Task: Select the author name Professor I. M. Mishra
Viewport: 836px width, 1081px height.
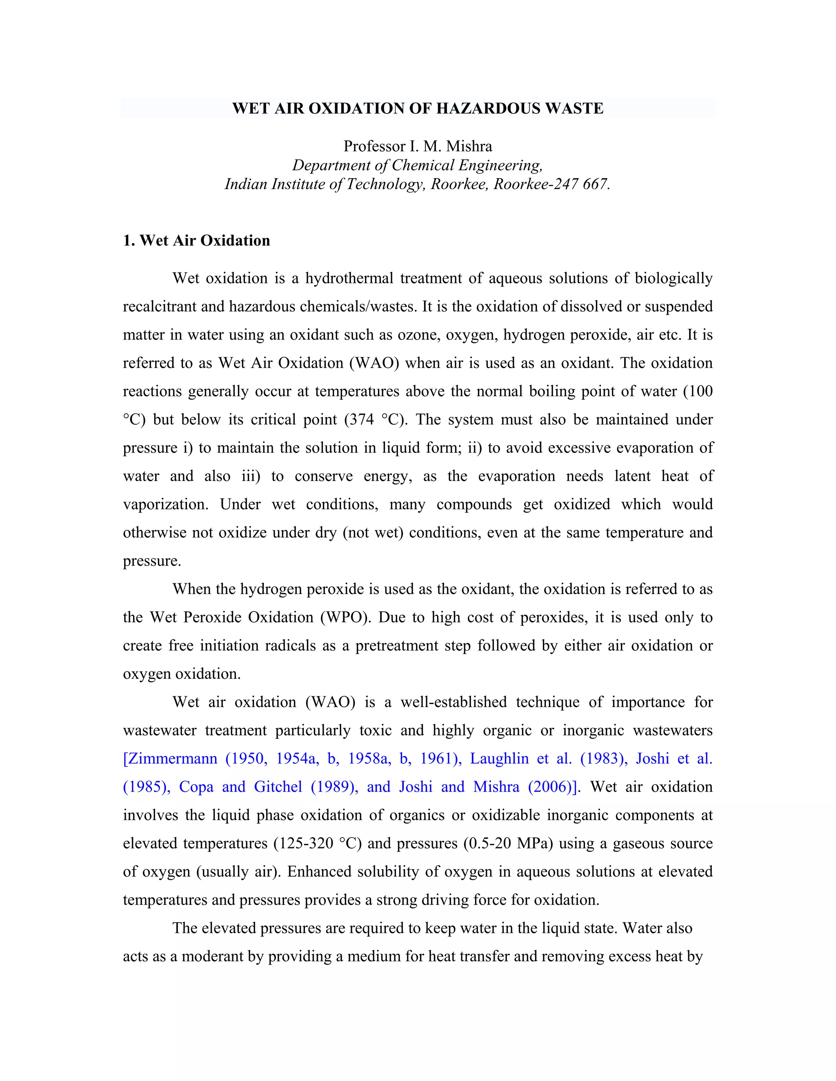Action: tap(418, 146)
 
